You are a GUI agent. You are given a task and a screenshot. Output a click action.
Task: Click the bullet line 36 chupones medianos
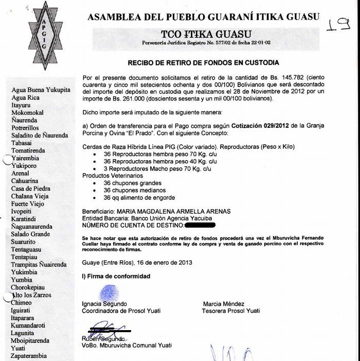point(132,190)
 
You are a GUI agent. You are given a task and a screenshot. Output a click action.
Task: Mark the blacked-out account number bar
point(200,225)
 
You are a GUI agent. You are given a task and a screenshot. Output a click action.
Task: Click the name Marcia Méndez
point(223,304)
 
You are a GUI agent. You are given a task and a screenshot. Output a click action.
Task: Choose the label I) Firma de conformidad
point(116,277)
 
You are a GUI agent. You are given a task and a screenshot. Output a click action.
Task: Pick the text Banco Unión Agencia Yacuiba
point(159,218)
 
